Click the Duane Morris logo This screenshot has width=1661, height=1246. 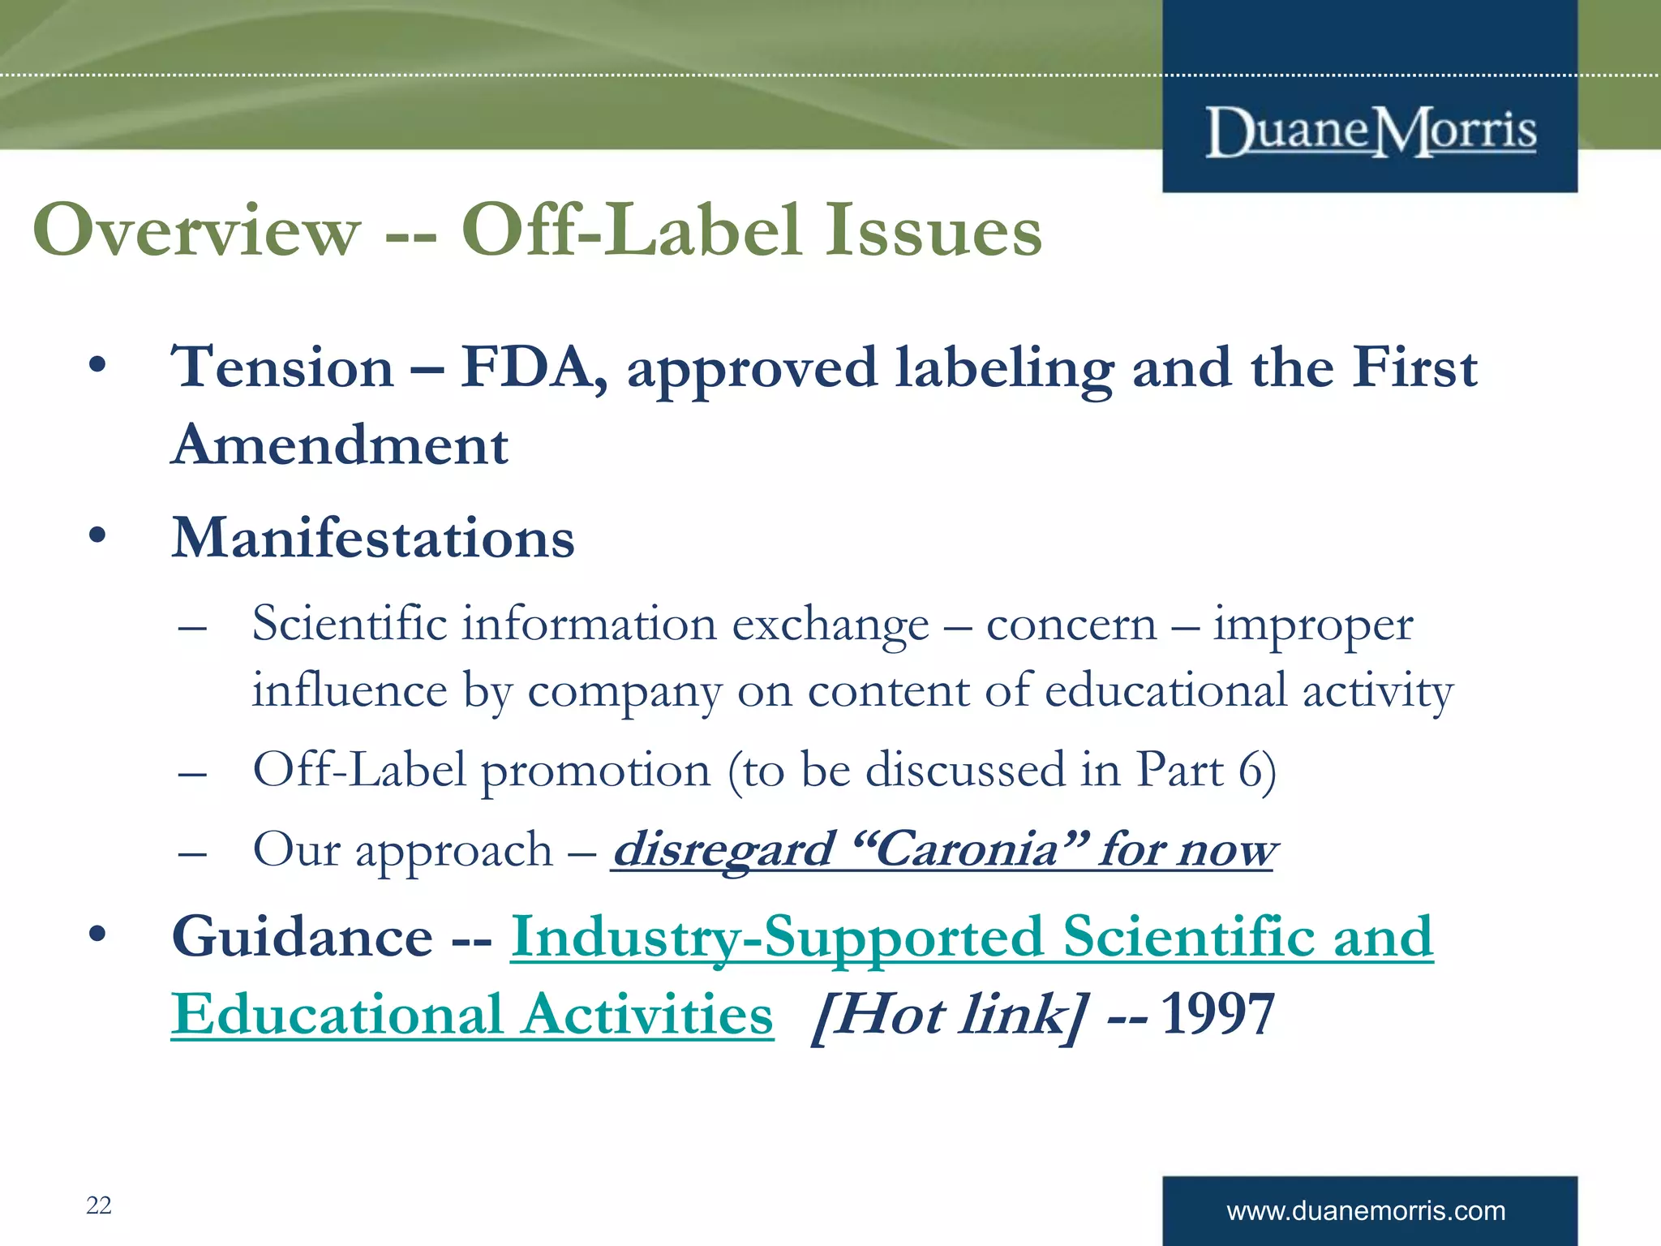point(1371,131)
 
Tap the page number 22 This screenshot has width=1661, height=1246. point(99,1205)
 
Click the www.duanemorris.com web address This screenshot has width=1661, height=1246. point(1366,1211)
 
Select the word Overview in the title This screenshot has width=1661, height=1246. point(196,230)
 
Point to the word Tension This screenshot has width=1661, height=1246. point(283,367)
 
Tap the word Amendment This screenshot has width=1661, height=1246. point(341,445)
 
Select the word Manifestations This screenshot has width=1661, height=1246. point(373,538)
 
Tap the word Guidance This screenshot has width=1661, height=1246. point(303,937)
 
